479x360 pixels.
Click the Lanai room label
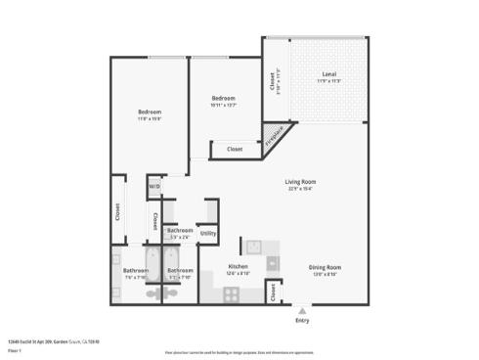[329, 74]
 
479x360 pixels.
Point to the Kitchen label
[238, 266]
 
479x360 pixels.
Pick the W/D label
[154, 186]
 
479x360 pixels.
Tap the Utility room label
[208, 233]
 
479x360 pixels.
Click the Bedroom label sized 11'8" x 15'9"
[149, 112]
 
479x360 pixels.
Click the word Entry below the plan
[302, 321]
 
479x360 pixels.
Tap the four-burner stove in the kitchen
[232, 292]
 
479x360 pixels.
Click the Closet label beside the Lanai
[272, 84]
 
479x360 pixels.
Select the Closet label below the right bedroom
[235, 150]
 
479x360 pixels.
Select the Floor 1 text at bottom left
[15, 349]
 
